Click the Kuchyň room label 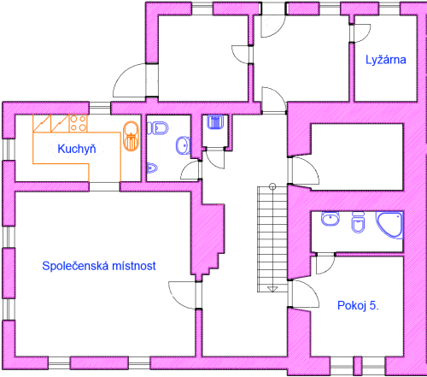(77, 149)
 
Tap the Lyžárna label (386, 60)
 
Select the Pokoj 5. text (358, 305)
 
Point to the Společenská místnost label (99, 266)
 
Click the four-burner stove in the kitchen (78, 123)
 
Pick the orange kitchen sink (131, 136)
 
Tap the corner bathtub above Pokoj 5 (390, 225)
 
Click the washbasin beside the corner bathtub (330, 219)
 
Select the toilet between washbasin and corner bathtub (358, 222)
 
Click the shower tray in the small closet (215, 121)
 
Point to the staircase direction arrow (272, 289)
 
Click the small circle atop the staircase (272, 186)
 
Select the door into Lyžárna (361, 33)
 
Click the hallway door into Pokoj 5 (305, 293)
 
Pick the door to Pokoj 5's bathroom (325, 264)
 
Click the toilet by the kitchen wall (158, 128)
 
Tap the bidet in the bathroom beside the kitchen (153, 168)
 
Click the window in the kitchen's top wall (100, 109)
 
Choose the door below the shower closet (215, 159)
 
